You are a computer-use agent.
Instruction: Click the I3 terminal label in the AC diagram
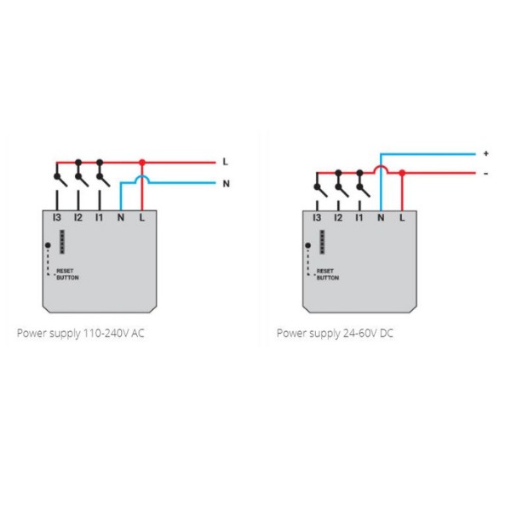pos(57,217)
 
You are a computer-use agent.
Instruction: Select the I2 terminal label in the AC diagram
pos(78,217)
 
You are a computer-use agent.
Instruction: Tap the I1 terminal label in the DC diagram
pos(359,217)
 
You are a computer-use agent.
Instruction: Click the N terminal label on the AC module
pos(121,217)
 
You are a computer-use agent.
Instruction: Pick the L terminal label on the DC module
pos(402,217)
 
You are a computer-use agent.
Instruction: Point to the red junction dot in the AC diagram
pos(142,162)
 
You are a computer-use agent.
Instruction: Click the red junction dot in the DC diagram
pos(402,173)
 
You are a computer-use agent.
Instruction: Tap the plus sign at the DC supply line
pos(486,153)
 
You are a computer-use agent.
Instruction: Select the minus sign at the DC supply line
pos(486,174)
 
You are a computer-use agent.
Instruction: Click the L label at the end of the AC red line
pos(225,162)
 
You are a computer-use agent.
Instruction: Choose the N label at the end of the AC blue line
pos(227,183)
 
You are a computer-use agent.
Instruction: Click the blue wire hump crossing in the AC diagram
pos(142,176)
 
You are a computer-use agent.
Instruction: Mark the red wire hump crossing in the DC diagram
pos(381,167)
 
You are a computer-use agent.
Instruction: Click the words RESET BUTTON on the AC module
pos(67,274)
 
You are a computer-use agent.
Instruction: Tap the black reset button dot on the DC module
pos(308,245)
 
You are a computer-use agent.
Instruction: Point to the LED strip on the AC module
pos(62,242)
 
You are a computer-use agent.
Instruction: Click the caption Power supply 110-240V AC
pos(81,333)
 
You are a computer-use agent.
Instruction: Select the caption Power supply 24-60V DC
pos(335,333)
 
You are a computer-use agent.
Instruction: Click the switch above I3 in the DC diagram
pos(319,188)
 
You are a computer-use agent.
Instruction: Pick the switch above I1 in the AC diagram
pos(102,178)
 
